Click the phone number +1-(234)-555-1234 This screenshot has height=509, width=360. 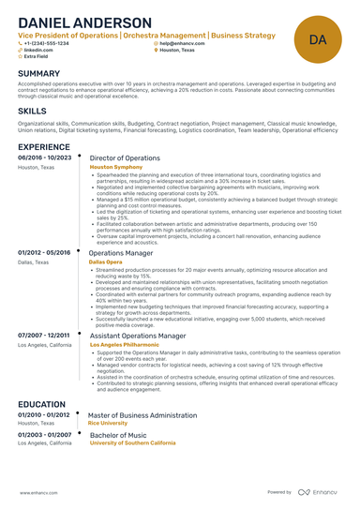coord(47,43)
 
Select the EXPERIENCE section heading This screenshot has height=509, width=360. coord(43,148)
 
